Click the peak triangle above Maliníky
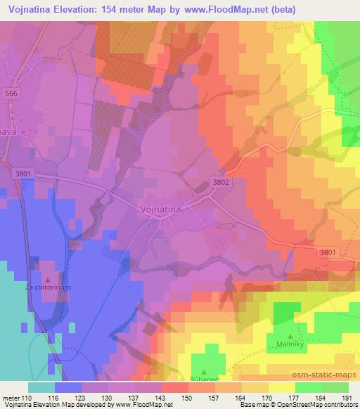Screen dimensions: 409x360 click(x=290, y=336)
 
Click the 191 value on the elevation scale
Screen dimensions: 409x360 click(x=347, y=397)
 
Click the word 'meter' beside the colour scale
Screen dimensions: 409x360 click(x=8, y=397)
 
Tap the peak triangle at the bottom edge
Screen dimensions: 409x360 click(x=203, y=372)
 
